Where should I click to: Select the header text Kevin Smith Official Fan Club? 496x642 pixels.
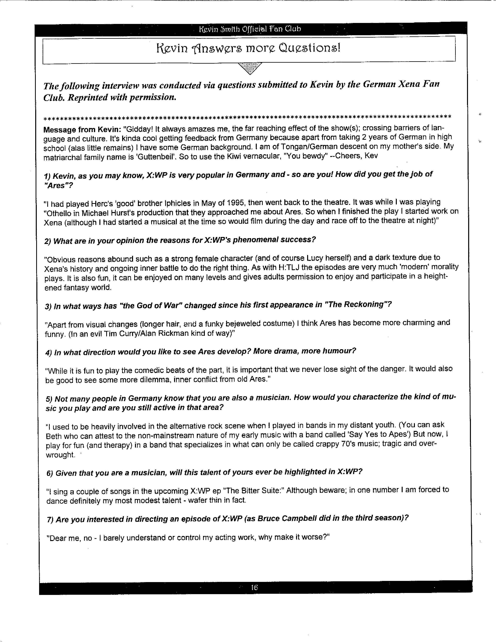[x=250, y=29]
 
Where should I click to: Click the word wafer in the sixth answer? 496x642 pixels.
[x=195, y=500]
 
